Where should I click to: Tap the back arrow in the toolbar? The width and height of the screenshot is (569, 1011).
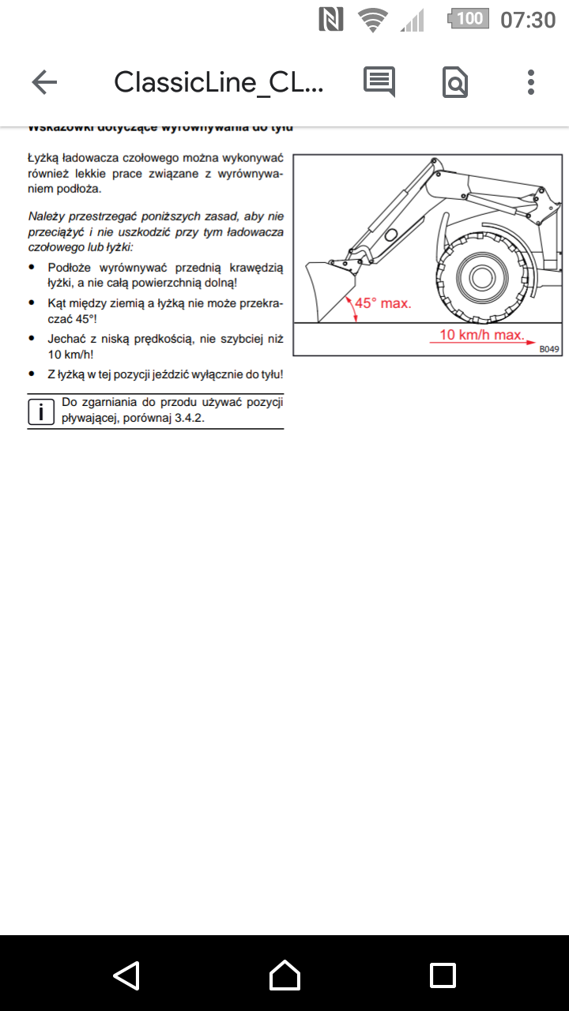click(x=44, y=82)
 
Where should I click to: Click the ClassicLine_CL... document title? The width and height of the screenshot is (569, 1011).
click(x=219, y=82)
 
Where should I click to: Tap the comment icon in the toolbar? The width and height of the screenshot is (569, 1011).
click(x=379, y=82)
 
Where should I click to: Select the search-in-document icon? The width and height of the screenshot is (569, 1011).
click(x=455, y=82)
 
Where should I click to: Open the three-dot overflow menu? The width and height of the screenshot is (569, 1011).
click(x=531, y=82)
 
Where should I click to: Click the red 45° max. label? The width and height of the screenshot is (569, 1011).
click(x=382, y=303)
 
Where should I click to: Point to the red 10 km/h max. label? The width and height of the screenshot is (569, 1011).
click(x=482, y=334)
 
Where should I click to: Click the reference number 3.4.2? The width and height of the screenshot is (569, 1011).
click(x=189, y=418)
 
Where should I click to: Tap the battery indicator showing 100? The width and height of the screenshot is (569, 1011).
click(x=468, y=18)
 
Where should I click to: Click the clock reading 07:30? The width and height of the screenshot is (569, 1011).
click(x=528, y=19)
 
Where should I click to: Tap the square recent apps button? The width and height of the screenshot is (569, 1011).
click(x=443, y=975)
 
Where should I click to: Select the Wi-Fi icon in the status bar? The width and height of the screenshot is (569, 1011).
click(x=371, y=19)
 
